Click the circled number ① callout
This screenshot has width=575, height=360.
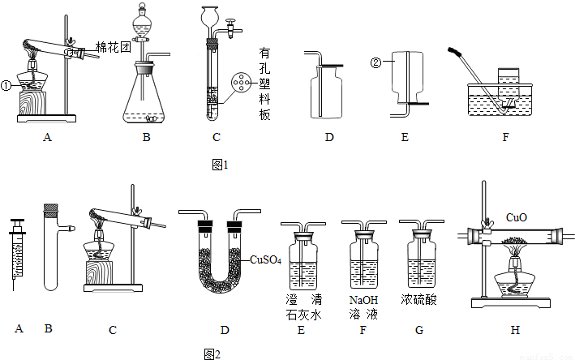[x=6, y=86]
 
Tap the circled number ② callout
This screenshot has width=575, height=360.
[x=375, y=62]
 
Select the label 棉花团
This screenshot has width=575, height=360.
[x=114, y=47]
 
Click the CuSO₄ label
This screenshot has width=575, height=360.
[x=265, y=260]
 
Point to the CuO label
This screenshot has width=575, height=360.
[x=517, y=217]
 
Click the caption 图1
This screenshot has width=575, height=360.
[x=220, y=165]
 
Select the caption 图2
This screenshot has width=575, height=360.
[x=212, y=354]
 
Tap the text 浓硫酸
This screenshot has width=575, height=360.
[x=418, y=300]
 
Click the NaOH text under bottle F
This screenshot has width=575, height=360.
[x=363, y=300]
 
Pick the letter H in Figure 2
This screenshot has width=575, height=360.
[x=515, y=330]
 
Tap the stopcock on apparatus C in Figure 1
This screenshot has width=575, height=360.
[x=230, y=28]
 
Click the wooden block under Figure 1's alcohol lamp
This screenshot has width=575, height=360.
[x=32, y=103]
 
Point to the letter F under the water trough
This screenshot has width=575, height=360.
[x=506, y=137]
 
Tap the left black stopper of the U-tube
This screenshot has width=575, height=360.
[x=205, y=225]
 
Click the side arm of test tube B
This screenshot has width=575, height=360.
[x=67, y=229]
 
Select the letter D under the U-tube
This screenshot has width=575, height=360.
[x=225, y=330]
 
